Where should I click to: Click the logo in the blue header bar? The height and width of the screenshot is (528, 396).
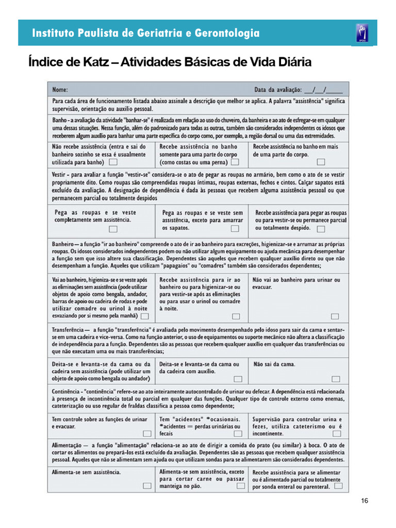361,33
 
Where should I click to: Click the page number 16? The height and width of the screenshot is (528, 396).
365,501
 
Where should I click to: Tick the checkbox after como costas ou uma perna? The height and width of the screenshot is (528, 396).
235,162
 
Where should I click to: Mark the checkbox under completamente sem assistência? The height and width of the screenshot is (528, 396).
113,229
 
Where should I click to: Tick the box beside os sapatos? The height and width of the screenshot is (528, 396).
235,228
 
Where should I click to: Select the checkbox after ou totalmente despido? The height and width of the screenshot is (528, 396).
321,228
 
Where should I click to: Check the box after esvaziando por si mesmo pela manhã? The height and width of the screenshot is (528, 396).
145,316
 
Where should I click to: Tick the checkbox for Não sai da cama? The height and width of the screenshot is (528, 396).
335,378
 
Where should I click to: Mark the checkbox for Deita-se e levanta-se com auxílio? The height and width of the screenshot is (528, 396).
236,364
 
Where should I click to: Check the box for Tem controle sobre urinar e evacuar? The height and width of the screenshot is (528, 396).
146,434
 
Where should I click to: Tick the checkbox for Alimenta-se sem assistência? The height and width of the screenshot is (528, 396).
146,486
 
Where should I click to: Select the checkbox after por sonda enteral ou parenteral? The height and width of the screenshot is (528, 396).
338,485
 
